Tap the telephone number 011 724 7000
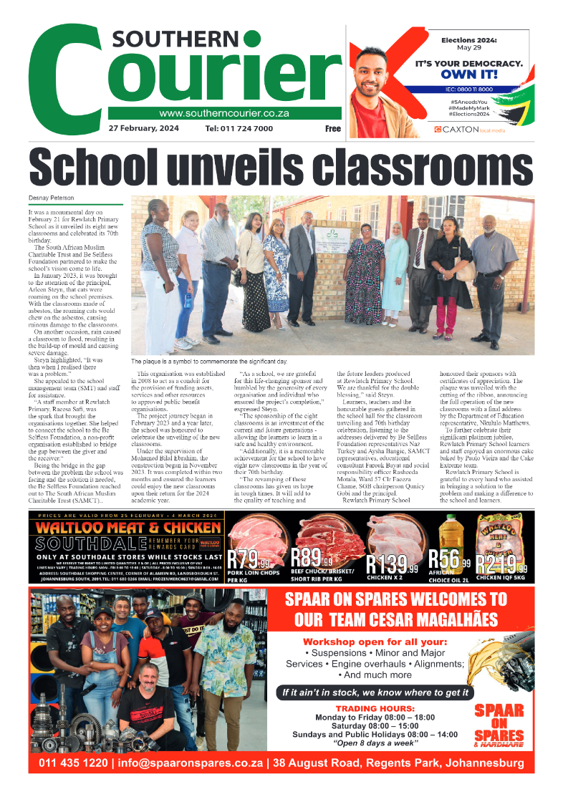tap(239, 129)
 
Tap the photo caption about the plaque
tap(208, 362)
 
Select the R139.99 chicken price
tap(391, 564)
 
